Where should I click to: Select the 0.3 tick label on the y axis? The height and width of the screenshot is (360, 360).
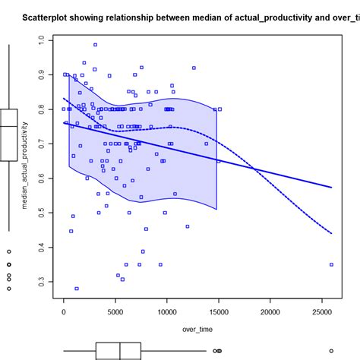51,282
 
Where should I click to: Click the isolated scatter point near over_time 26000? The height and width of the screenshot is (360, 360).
331,264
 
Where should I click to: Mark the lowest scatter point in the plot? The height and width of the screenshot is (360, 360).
77,289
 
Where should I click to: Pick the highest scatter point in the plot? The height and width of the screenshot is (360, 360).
95,45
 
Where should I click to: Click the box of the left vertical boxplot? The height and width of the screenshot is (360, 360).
8,134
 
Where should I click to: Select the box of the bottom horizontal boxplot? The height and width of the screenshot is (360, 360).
118,350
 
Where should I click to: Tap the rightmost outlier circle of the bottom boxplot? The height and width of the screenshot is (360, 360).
331,350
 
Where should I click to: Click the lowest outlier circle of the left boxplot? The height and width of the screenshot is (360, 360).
8,289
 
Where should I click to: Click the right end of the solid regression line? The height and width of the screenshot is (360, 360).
332,187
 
